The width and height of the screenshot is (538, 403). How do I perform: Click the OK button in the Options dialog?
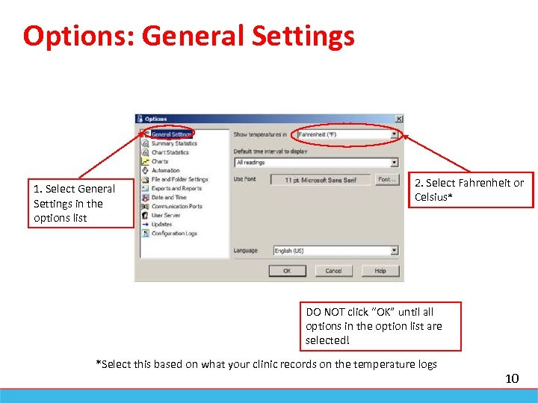[287, 271]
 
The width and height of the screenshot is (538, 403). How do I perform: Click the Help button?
[380, 271]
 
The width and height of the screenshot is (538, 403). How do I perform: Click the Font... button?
[386, 180]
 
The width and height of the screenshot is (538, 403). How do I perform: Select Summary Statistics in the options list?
[174, 143]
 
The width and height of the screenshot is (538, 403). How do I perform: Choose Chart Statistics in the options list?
[170, 152]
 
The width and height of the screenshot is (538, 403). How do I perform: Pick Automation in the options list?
[165, 170]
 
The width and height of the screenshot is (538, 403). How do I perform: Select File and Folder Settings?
[179, 179]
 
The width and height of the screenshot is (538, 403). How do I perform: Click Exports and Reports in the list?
[176, 189]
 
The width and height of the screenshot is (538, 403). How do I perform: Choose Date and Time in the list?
[170, 197]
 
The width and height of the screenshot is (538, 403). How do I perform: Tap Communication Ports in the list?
[177, 206]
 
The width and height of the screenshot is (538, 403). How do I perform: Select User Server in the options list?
[167, 215]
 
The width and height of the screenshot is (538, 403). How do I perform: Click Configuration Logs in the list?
[174, 234]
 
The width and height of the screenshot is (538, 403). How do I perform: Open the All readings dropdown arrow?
[394, 162]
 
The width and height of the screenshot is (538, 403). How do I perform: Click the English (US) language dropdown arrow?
[394, 251]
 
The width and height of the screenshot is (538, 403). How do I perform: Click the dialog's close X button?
[398, 119]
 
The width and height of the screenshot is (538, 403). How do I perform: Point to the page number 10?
[512, 379]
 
